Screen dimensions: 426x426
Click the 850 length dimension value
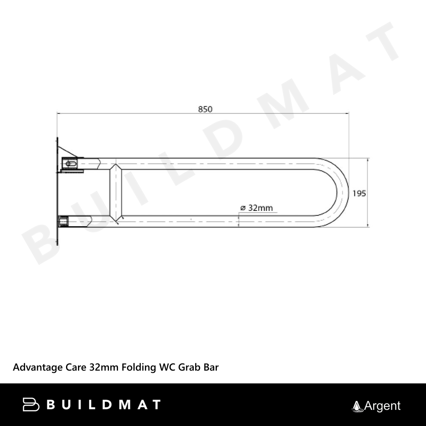pyautogui.click(x=205, y=109)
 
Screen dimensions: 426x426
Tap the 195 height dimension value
pyautogui.click(x=359, y=193)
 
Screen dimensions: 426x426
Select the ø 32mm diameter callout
pyautogui.click(x=256, y=208)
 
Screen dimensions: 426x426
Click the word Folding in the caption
pyautogui.click(x=138, y=368)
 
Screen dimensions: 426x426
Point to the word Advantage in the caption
pyautogui.click(x=38, y=368)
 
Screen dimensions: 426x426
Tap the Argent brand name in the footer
pyautogui.click(x=382, y=406)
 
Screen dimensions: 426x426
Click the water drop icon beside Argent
pyautogui.click(x=357, y=407)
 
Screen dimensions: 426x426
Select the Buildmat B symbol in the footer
pyautogui.click(x=31, y=405)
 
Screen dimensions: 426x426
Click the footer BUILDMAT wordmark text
pyautogui.click(x=104, y=405)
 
